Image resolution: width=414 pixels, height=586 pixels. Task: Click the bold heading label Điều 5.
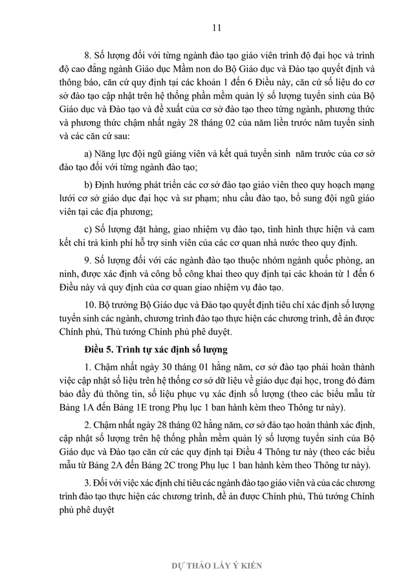[x=99, y=351]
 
